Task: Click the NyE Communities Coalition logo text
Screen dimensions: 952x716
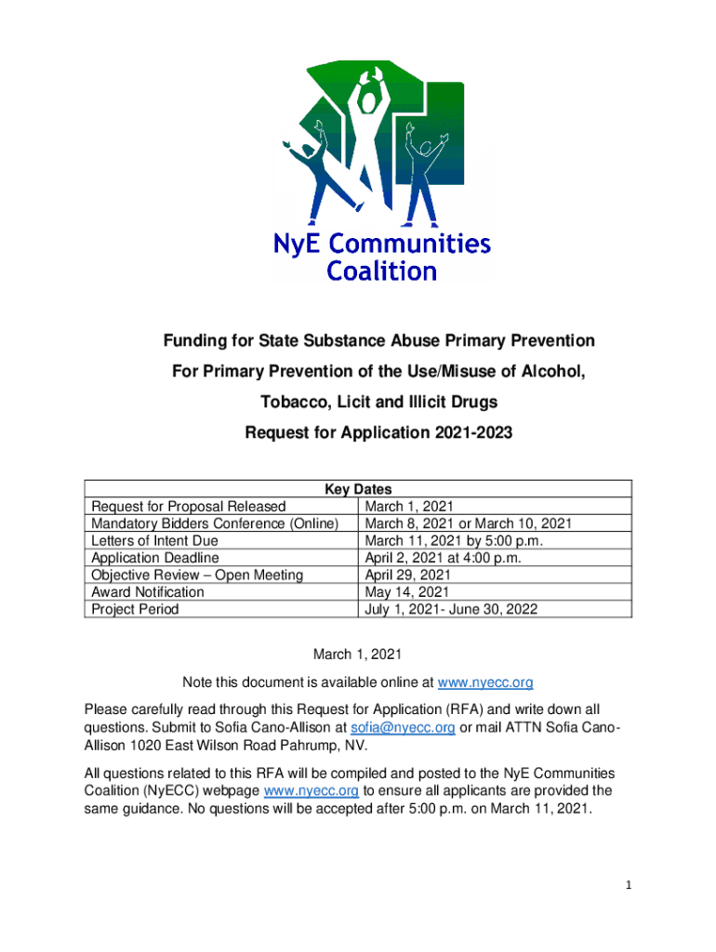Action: pyautogui.click(x=381, y=258)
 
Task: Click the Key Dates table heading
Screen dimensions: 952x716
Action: pyautogui.click(x=358, y=489)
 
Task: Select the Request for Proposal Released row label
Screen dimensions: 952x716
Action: pyautogui.click(x=189, y=507)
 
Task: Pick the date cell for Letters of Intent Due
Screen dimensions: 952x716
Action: pyautogui.click(x=453, y=541)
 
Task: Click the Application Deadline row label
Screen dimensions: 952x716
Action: pyautogui.click(x=155, y=558)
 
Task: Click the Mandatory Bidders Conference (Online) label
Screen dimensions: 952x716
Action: pyautogui.click(x=214, y=523)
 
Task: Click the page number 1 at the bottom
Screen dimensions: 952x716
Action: pyautogui.click(x=629, y=885)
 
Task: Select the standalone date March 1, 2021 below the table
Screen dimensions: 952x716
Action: pyautogui.click(x=358, y=654)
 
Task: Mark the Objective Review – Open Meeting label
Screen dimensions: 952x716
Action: pyautogui.click(x=197, y=575)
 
